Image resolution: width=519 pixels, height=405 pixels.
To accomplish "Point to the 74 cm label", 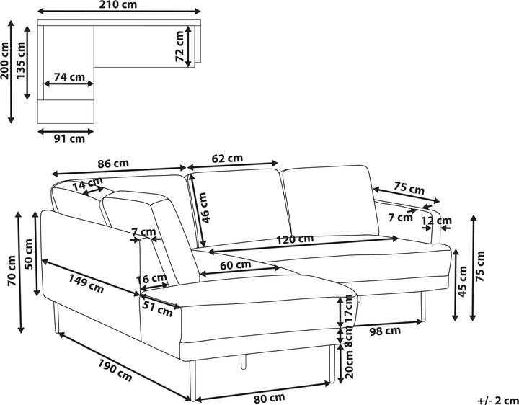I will (x=68, y=77).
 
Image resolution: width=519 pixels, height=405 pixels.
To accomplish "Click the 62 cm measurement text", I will (x=227, y=159).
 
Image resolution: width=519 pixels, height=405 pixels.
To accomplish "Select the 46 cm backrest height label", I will (x=205, y=208).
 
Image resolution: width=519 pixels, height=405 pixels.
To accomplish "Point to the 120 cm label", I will (x=296, y=239).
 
